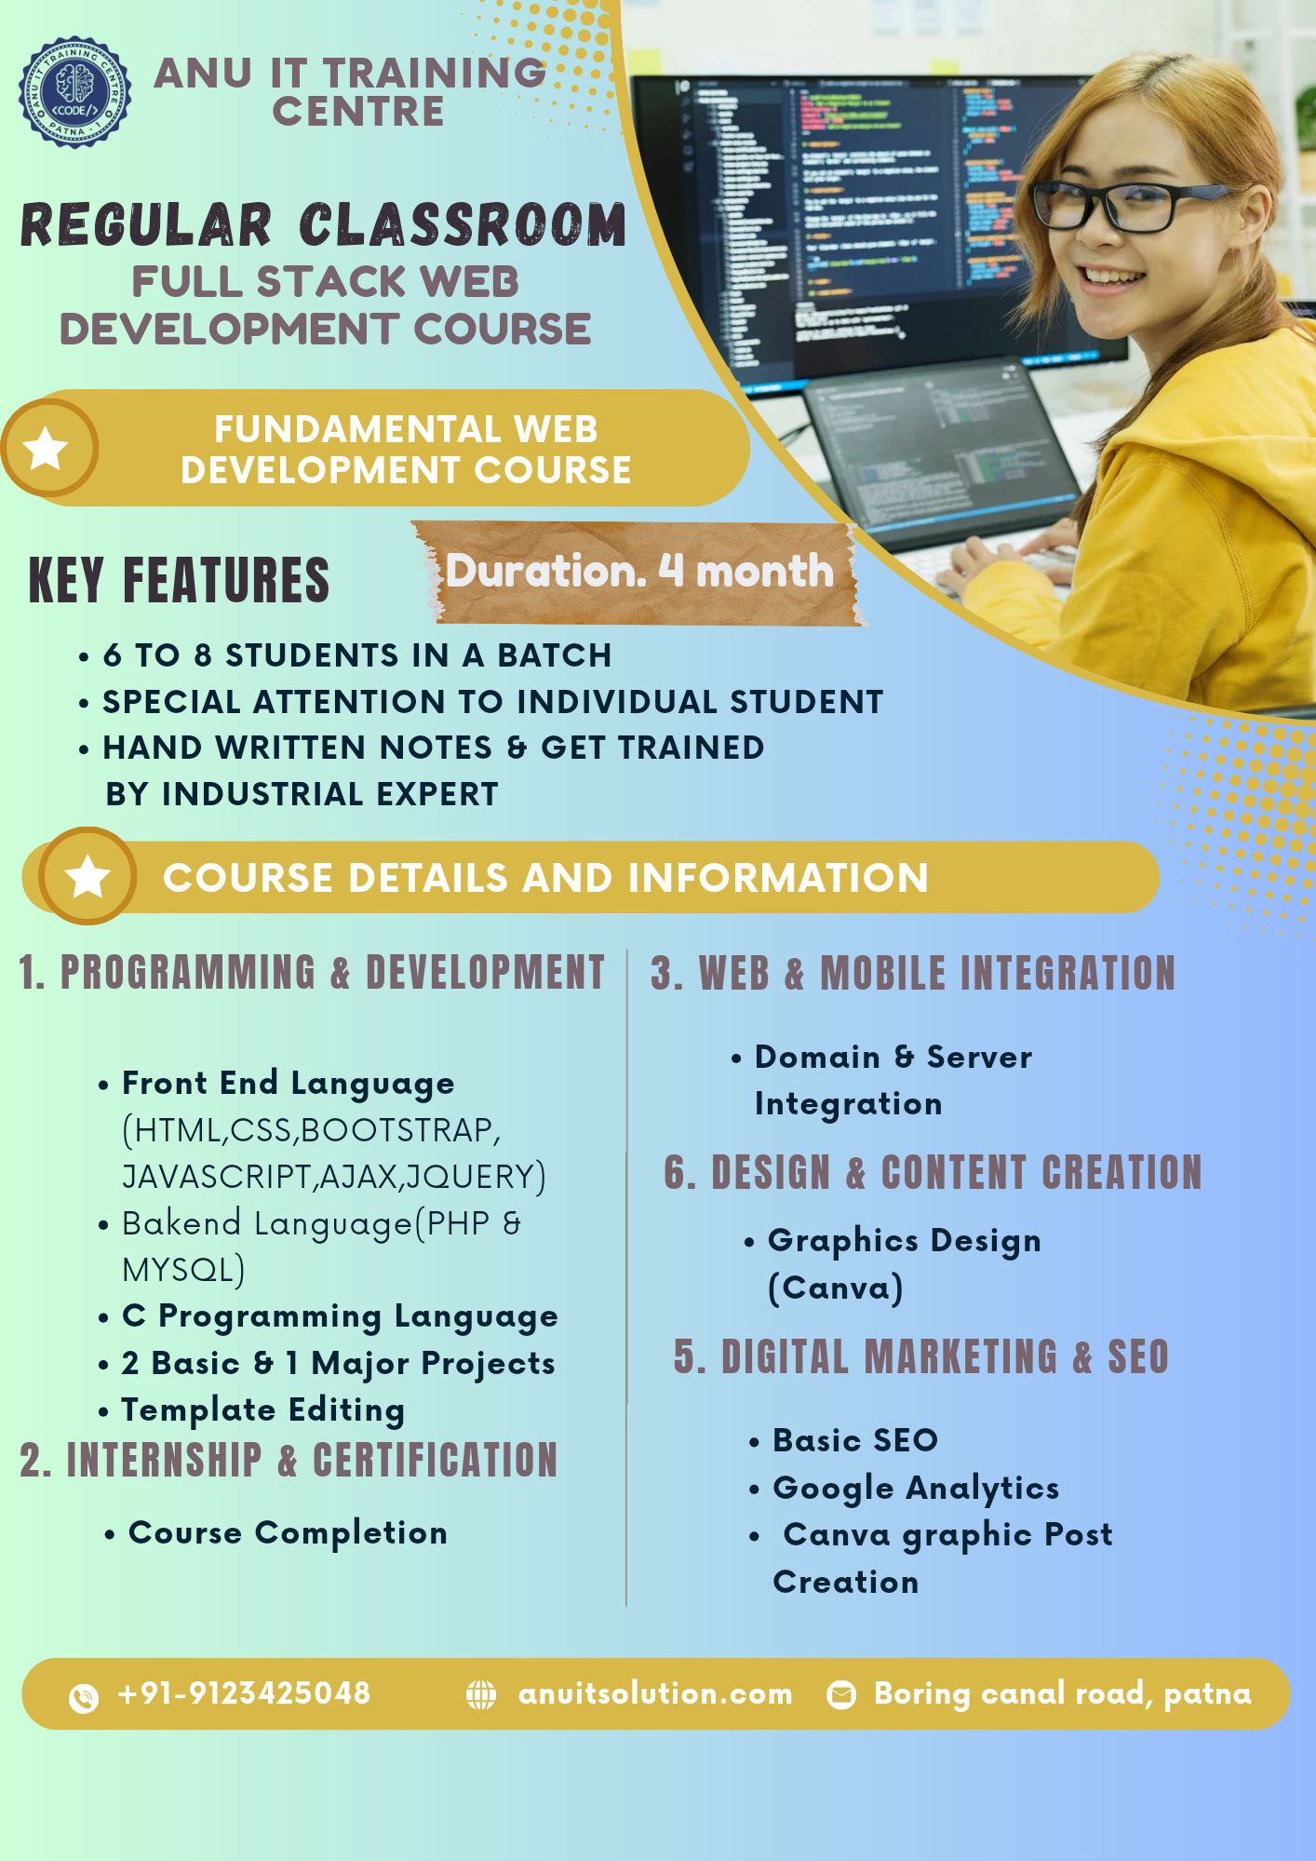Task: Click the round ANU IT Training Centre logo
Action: (x=74, y=92)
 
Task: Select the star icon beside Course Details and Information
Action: (x=87, y=876)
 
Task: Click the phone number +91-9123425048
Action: (x=244, y=1693)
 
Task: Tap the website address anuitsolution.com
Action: (x=655, y=1693)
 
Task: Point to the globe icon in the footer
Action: (x=481, y=1694)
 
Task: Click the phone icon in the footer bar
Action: (x=84, y=1697)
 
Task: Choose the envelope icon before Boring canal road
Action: (x=841, y=1694)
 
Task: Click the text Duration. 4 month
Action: (x=639, y=572)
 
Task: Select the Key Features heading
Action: (x=180, y=580)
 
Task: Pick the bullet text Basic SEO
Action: (x=854, y=1440)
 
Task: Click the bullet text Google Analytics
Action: (x=916, y=1488)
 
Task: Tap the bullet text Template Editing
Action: (x=262, y=1410)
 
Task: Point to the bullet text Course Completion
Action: (x=288, y=1532)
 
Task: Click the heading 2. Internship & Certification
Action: (x=289, y=1460)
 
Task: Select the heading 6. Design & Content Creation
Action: (x=933, y=1172)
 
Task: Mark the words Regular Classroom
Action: (x=323, y=225)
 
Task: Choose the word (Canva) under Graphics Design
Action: (x=835, y=1288)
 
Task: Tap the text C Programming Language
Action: (x=340, y=1316)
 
